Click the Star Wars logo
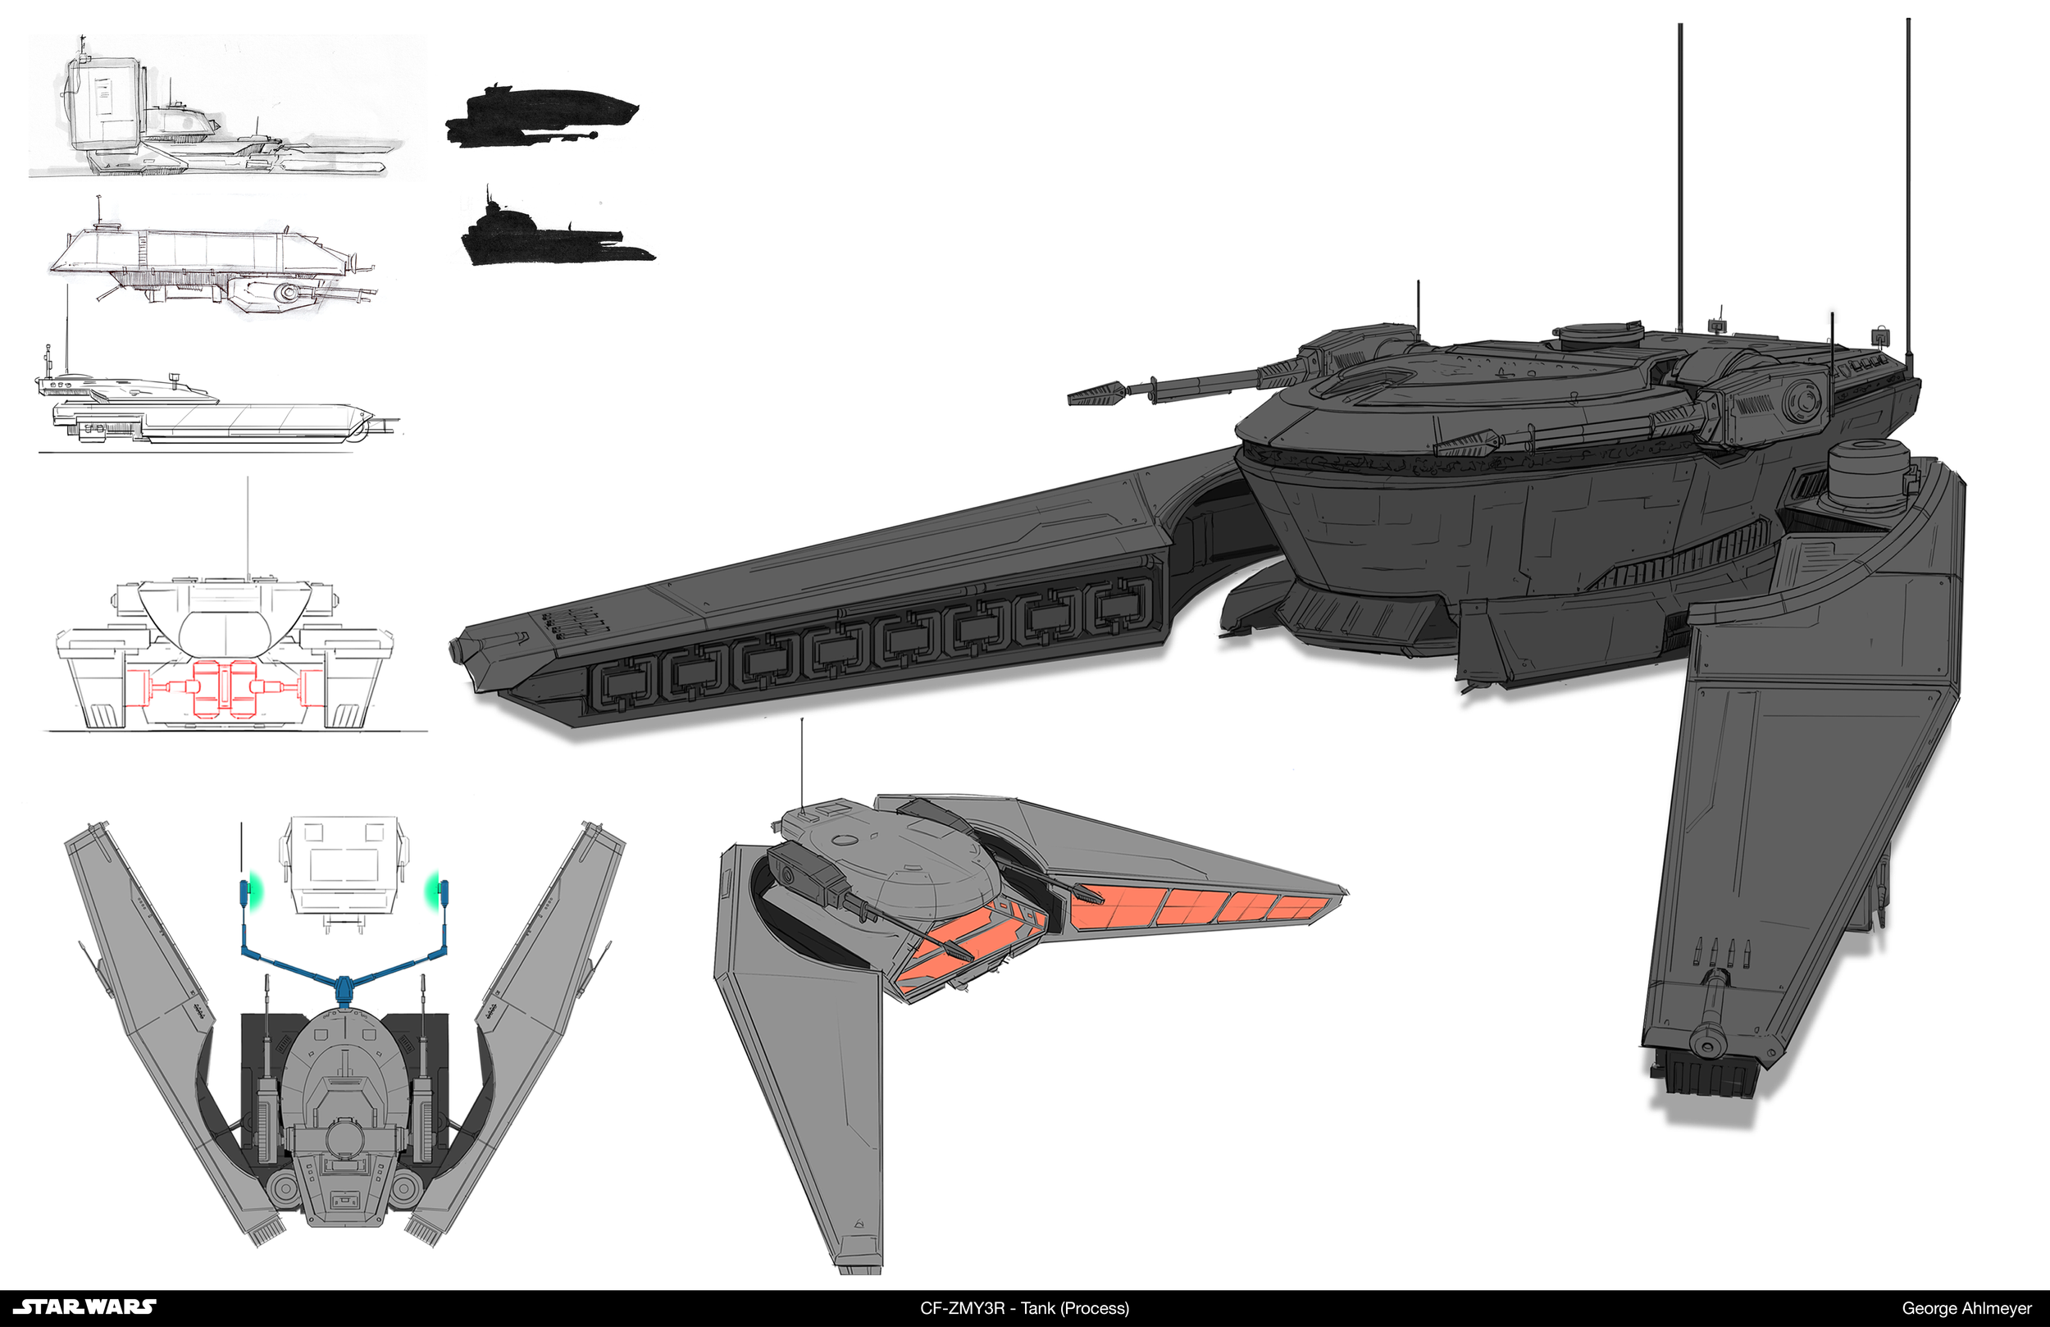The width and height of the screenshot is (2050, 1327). (x=85, y=1306)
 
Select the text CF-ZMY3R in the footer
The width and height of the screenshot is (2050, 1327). (x=962, y=1308)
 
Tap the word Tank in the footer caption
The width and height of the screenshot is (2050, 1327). (x=1039, y=1308)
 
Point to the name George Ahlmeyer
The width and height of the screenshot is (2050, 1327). (x=1966, y=1308)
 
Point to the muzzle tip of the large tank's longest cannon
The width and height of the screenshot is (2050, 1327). (x=1077, y=397)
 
